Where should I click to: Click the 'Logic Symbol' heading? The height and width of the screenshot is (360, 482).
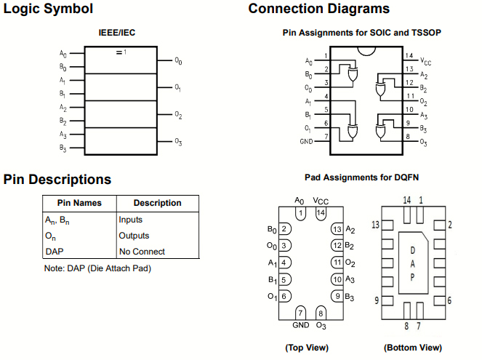click(x=49, y=9)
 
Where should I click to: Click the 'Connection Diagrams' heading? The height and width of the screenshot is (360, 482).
click(x=318, y=9)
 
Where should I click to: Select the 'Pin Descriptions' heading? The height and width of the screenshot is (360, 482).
click(x=57, y=180)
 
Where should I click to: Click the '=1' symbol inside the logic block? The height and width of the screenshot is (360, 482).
click(x=121, y=52)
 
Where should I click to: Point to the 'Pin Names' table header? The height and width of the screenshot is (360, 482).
click(x=79, y=203)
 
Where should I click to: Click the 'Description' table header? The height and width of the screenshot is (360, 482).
click(x=157, y=203)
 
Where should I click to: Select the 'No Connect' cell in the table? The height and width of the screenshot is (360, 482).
click(x=142, y=252)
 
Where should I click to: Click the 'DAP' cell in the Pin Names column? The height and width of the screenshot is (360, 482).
click(x=55, y=252)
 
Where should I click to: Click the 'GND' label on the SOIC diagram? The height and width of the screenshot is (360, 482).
click(x=306, y=141)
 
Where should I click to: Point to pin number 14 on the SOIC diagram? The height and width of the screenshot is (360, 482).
click(x=409, y=56)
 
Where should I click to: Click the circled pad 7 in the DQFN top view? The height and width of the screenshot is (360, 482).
click(x=301, y=313)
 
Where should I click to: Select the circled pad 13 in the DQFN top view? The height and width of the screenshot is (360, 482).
click(x=337, y=229)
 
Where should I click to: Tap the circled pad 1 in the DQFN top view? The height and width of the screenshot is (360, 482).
click(x=300, y=213)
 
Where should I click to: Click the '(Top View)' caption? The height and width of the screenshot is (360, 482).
click(x=306, y=348)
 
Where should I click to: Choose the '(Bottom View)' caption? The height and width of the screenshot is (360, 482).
click(x=412, y=348)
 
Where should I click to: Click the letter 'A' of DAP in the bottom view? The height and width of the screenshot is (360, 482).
click(x=412, y=263)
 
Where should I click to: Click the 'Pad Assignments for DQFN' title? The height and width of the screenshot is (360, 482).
click(x=361, y=177)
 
